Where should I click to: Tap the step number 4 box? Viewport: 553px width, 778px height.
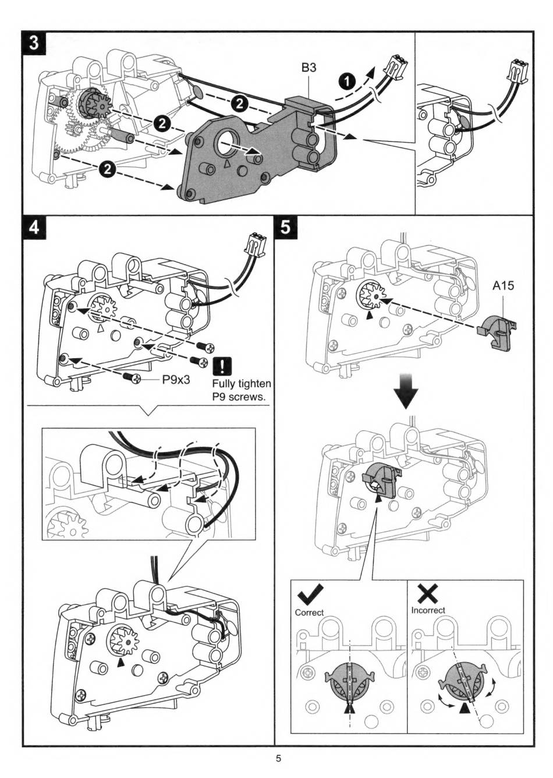(34, 228)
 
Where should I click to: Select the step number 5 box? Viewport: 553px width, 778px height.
(286, 228)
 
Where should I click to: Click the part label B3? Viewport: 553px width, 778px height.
(309, 68)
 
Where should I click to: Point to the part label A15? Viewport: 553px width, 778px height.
(503, 286)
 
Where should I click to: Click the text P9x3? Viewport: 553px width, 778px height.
(176, 379)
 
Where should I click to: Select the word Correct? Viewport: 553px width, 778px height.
(309, 613)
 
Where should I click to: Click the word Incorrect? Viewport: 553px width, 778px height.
(428, 610)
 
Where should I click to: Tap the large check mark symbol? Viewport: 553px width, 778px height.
(311, 595)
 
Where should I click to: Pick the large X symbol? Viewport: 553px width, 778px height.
(428, 593)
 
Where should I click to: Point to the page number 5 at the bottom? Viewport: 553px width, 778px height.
(278, 759)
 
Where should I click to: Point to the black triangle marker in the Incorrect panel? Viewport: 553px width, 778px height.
(465, 709)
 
